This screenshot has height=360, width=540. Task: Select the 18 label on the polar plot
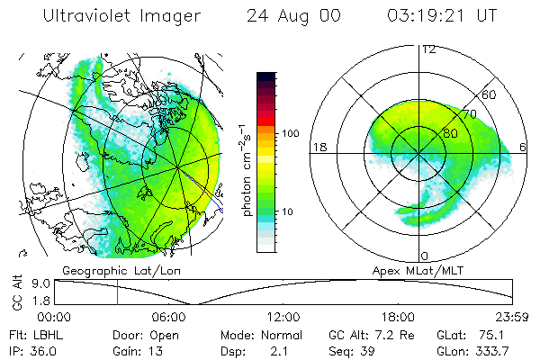point(319,147)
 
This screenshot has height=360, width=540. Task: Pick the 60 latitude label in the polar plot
point(490,94)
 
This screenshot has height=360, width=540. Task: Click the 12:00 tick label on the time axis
point(283,317)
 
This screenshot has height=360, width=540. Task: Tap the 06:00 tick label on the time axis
point(169,317)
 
